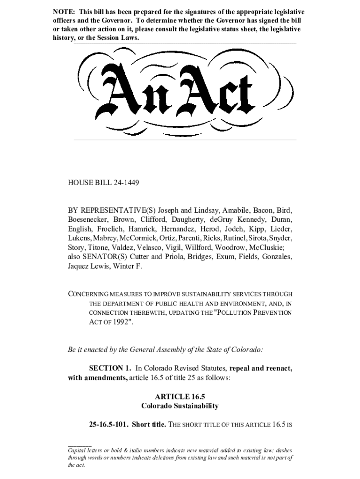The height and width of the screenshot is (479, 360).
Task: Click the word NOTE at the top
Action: (x=62, y=12)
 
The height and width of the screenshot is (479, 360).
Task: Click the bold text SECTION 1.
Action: (x=110, y=368)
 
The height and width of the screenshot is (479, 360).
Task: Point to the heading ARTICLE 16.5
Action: (x=180, y=397)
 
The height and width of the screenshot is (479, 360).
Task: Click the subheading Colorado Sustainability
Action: (x=180, y=406)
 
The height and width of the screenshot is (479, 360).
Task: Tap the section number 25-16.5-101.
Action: (x=108, y=425)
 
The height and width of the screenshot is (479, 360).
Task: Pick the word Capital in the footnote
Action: (x=79, y=450)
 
